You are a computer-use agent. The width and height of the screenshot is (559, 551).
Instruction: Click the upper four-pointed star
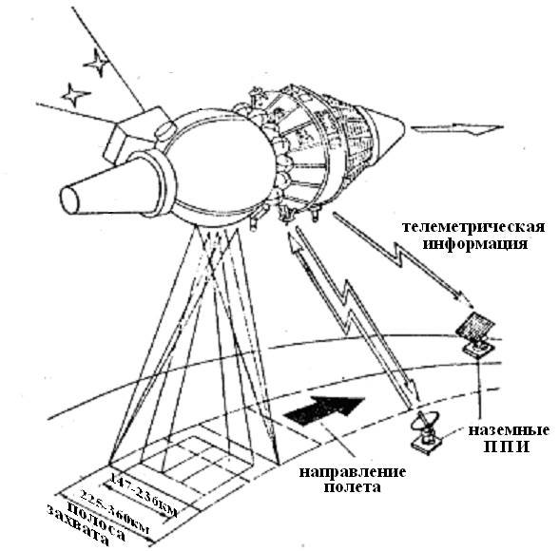click(x=95, y=63)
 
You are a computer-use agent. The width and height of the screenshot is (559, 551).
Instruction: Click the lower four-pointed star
click(x=75, y=95)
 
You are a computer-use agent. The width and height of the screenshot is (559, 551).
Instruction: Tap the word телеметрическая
click(x=473, y=227)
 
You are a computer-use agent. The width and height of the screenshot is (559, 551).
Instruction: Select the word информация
click(x=474, y=244)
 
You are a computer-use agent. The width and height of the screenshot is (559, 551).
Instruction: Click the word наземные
click(x=509, y=430)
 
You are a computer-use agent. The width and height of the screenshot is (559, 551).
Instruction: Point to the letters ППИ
click(x=506, y=447)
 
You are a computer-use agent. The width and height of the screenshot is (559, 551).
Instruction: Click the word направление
click(x=352, y=472)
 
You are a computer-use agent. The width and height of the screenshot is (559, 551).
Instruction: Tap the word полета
click(x=352, y=487)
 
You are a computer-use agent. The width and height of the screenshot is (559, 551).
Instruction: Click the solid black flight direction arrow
click(x=324, y=410)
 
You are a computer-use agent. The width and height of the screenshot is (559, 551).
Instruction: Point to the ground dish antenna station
click(x=426, y=433)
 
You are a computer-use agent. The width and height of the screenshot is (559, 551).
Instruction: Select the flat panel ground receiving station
click(x=476, y=333)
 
